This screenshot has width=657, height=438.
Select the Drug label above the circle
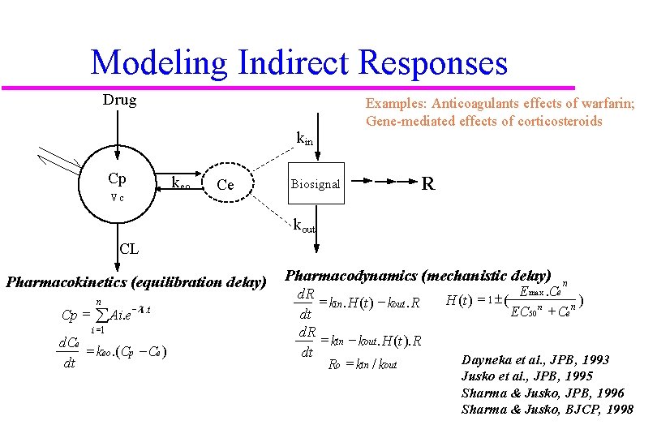click(119, 101)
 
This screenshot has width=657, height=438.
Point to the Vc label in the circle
click(117, 197)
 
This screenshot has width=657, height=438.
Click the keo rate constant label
click(180, 183)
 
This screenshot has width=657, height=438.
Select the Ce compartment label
click(225, 186)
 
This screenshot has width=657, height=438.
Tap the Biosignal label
click(316, 185)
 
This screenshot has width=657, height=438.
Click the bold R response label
click(428, 184)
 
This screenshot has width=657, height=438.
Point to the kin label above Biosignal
click(304, 139)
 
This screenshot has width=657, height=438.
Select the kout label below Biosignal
click(305, 225)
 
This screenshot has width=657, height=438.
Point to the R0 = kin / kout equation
click(362, 364)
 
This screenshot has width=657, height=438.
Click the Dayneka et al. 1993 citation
click(535, 359)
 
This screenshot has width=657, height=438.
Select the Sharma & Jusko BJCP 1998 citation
click(547, 410)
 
